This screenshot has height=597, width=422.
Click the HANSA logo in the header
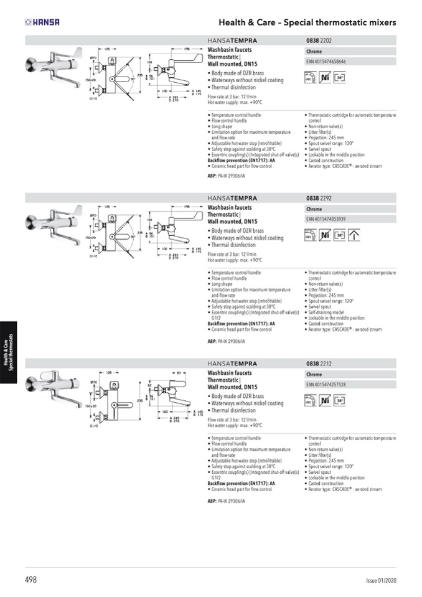tap(42, 22)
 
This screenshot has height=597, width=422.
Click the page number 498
tap(31, 580)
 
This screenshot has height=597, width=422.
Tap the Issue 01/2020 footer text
tap(380, 581)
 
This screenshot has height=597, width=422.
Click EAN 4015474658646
tap(326, 62)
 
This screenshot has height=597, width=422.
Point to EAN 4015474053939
tap(326, 219)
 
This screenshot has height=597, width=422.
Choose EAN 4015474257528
tap(326, 385)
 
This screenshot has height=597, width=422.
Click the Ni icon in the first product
tap(324, 78)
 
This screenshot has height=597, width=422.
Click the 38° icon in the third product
tap(339, 400)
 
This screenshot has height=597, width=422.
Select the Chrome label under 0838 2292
tap(314, 209)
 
